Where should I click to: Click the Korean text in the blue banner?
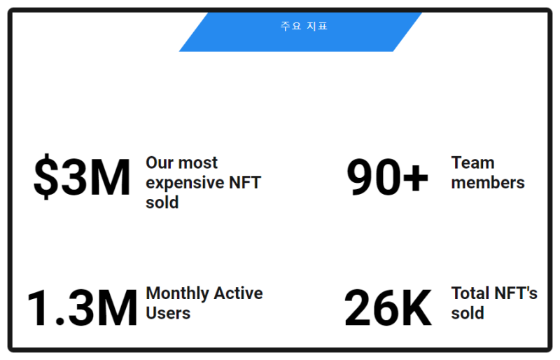click(304, 26)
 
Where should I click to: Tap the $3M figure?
click(82, 177)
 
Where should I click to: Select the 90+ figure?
click(388, 177)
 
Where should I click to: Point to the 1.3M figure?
click(82, 307)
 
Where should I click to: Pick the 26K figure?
click(388, 307)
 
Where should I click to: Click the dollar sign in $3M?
click(46, 177)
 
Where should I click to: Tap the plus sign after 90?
click(415, 178)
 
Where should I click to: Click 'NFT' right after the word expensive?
click(245, 183)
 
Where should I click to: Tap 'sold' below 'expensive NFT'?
click(162, 202)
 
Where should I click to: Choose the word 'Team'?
click(473, 163)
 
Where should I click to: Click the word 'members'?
click(488, 183)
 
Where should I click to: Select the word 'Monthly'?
click(178, 294)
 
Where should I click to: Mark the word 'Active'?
click(239, 293)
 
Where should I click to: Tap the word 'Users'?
click(168, 313)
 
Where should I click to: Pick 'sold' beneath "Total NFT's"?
click(468, 313)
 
